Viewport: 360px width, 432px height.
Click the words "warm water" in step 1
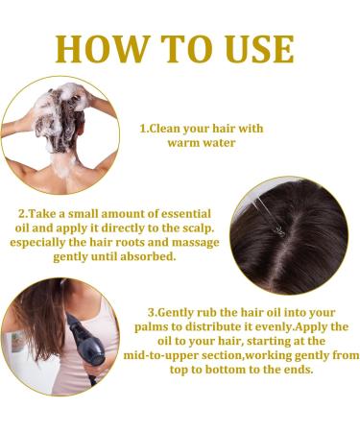click(202, 144)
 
